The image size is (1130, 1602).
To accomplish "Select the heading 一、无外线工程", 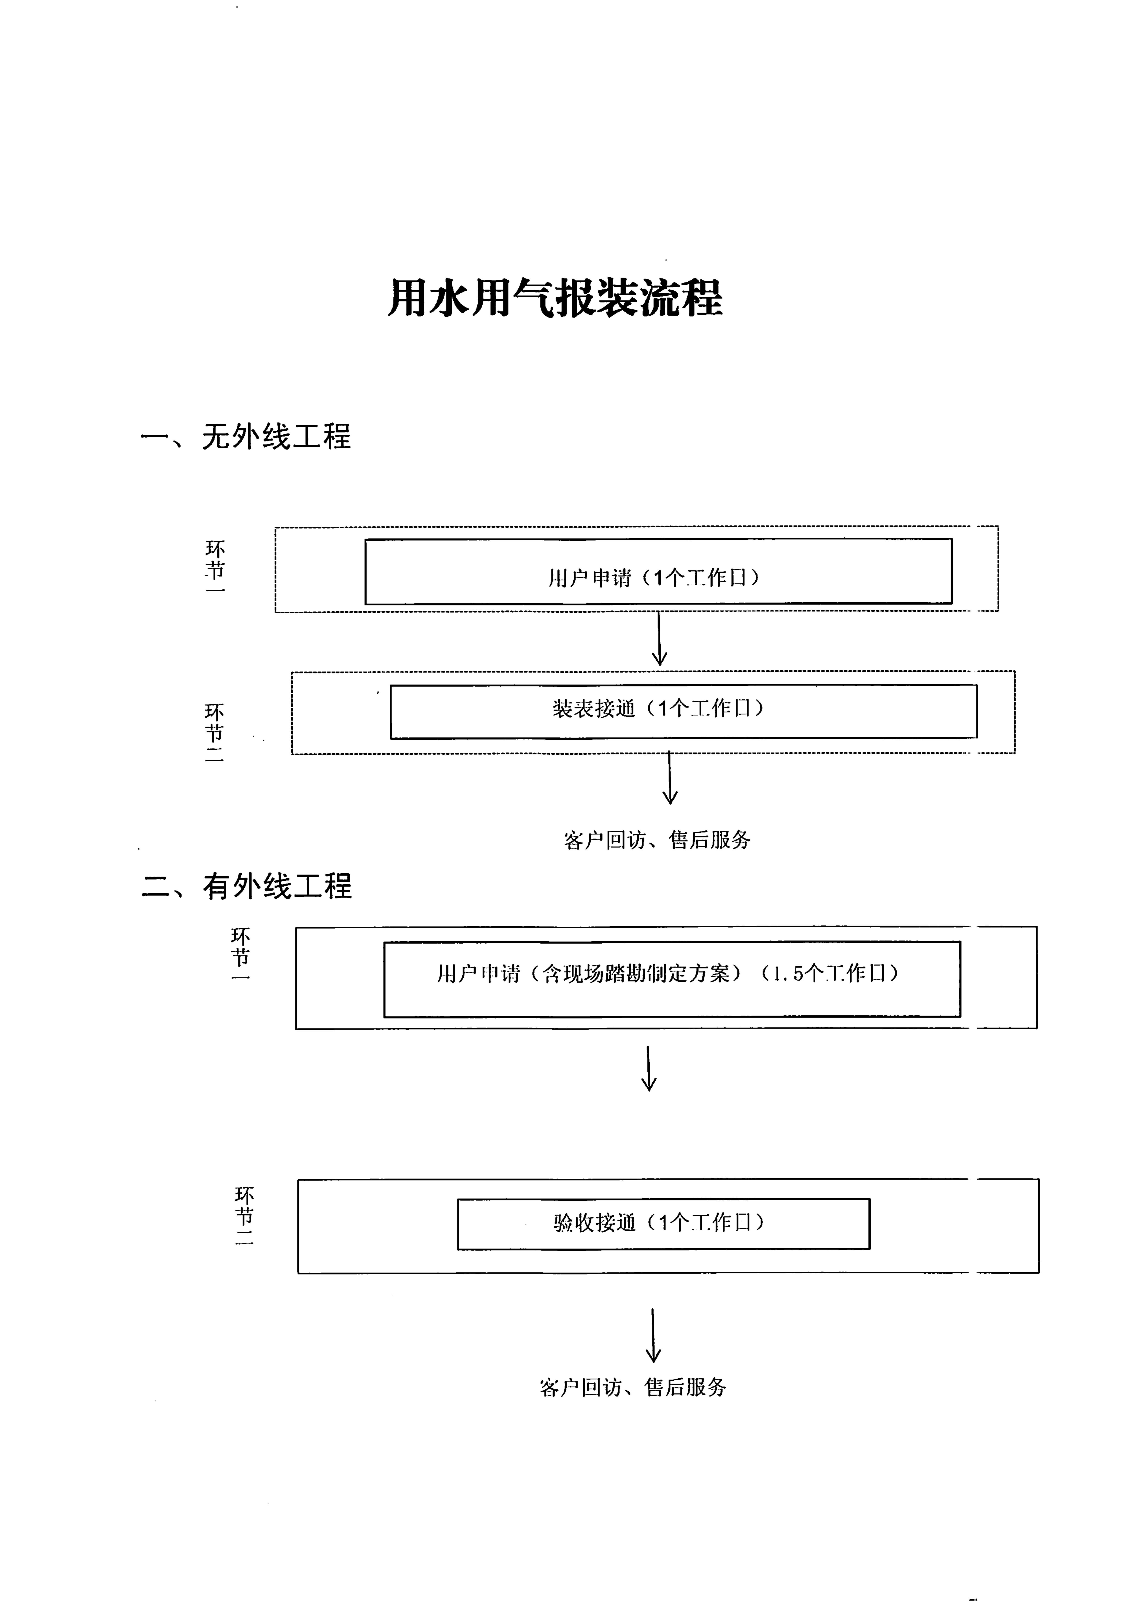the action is tap(246, 437).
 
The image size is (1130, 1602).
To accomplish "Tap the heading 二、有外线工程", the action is tap(246, 886).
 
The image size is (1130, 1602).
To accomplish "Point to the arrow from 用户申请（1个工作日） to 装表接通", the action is tap(659, 639).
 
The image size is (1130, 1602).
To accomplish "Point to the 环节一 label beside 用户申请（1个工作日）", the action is tap(215, 566).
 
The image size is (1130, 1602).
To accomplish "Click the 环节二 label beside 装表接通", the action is tap(214, 733).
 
